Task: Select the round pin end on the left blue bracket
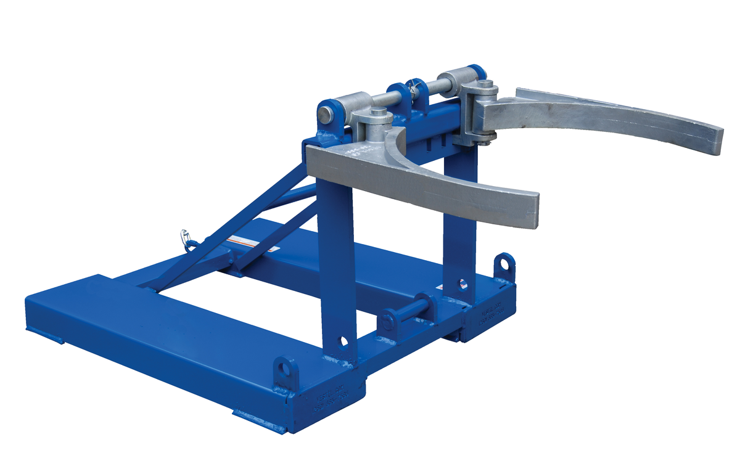click(x=325, y=114)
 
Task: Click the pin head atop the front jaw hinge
click(x=379, y=112)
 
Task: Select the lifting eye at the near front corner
click(x=285, y=369)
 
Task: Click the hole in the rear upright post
click(x=461, y=284)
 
